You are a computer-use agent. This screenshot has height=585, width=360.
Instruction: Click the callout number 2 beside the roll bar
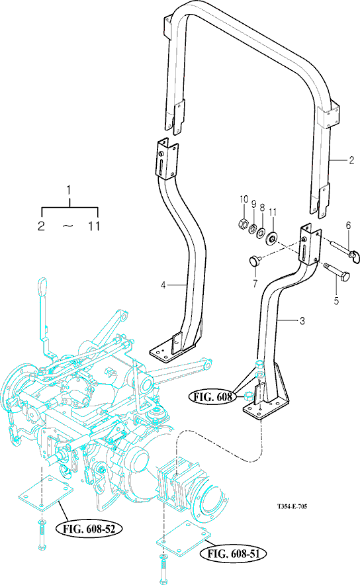(351, 160)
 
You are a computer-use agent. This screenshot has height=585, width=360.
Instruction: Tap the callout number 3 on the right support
(302, 321)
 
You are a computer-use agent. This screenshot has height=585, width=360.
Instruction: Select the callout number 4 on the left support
(163, 285)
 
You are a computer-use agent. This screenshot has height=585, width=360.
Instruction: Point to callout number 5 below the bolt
(336, 300)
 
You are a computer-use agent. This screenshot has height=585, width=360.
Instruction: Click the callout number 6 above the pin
(348, 226)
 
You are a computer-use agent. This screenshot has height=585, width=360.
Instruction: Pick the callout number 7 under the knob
(255, 284)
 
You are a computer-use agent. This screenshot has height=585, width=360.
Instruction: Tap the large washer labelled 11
(271, 238)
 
